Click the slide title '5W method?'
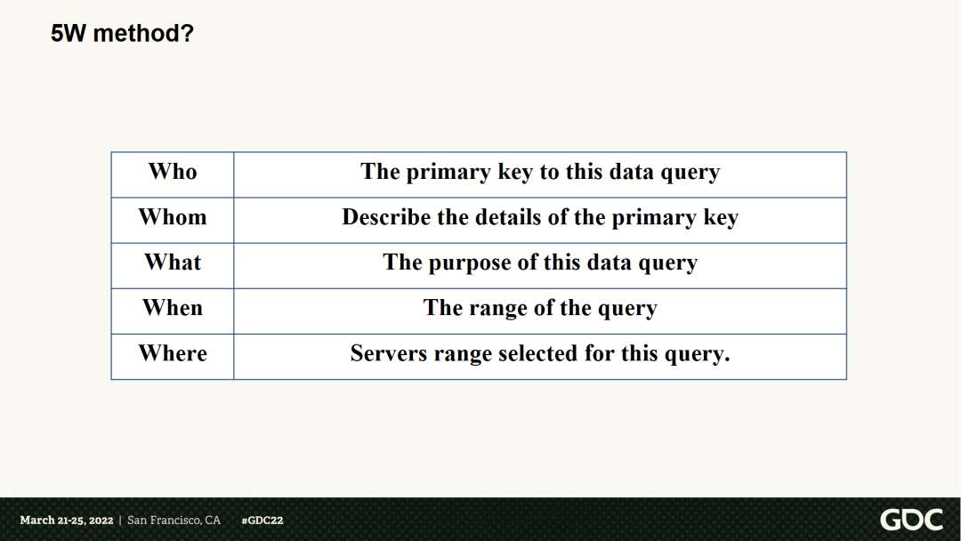coord(122,35)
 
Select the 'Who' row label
coord(173,172)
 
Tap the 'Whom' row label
coord(173,217)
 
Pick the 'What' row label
coord(173,262)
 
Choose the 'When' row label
coord(173,308)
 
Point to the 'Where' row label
coord(173,353)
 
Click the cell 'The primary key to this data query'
coord(540,173)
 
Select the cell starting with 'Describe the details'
coord(540,218)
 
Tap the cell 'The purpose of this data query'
coord(540,263)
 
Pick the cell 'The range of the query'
coord(540,309)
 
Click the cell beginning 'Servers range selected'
coord(540,354)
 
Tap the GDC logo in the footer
coord(911,520)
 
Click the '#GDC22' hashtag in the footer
coord(262,521)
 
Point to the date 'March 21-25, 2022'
coord(67,521)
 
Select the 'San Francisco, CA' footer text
coord(174,521)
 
